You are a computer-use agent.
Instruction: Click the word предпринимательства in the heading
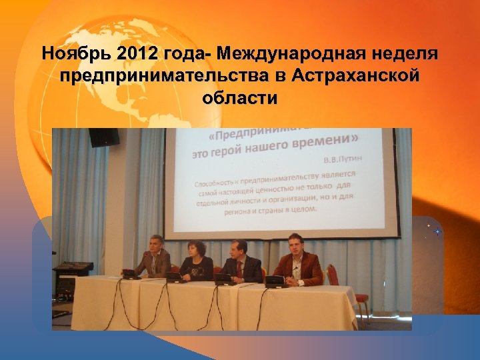tap(163, 75)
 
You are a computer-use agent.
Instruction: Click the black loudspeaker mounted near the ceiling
tap(104, 137)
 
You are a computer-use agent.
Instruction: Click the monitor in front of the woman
tap(175, 275)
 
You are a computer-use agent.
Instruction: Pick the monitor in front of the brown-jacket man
tap(275, 280)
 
